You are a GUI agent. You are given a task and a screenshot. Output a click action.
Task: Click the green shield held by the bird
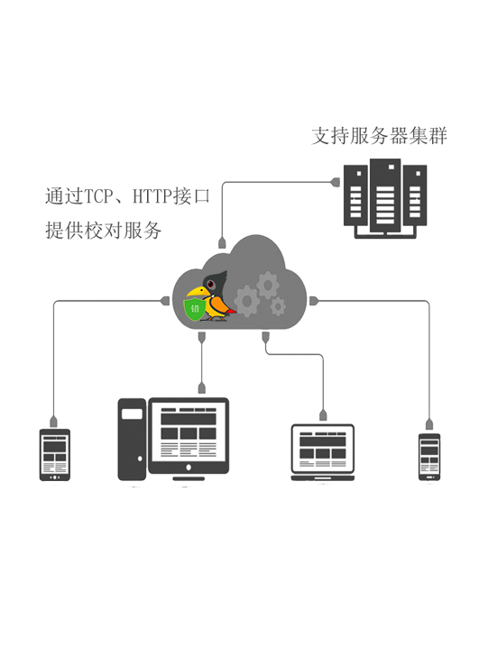[x=195, y=309]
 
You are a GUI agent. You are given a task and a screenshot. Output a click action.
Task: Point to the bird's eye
[x=211, y=284]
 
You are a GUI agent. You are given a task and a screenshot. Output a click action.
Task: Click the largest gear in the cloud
[x=247, y=301]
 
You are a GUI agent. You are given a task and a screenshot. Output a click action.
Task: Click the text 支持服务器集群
[x=379, y=136]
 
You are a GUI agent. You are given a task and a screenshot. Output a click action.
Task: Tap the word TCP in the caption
[x=98, y=196]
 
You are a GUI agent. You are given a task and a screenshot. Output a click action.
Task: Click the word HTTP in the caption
[x=152, y=196]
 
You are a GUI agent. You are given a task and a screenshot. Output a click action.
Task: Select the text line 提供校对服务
[x=103, y=231]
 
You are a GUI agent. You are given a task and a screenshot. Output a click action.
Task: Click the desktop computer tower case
[x=132, y=440]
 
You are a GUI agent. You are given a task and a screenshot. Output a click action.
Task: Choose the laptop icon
[x=322, y=452]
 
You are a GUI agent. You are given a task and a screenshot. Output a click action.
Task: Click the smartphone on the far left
[x=55, y=455]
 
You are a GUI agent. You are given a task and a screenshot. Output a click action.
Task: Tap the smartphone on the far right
[x=429, y=457]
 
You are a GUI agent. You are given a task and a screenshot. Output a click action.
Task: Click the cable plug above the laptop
[x=323, y=415]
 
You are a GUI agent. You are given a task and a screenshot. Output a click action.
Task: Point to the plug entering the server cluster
[x=335, y=182]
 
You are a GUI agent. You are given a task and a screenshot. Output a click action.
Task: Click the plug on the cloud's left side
[x=165, y=301]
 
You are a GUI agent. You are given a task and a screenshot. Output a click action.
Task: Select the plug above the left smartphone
[x=53, y=422]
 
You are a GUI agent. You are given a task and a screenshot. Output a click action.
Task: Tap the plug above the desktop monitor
[x=202, y=388]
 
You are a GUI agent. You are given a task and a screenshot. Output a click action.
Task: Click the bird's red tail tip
[x=232, y=311]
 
